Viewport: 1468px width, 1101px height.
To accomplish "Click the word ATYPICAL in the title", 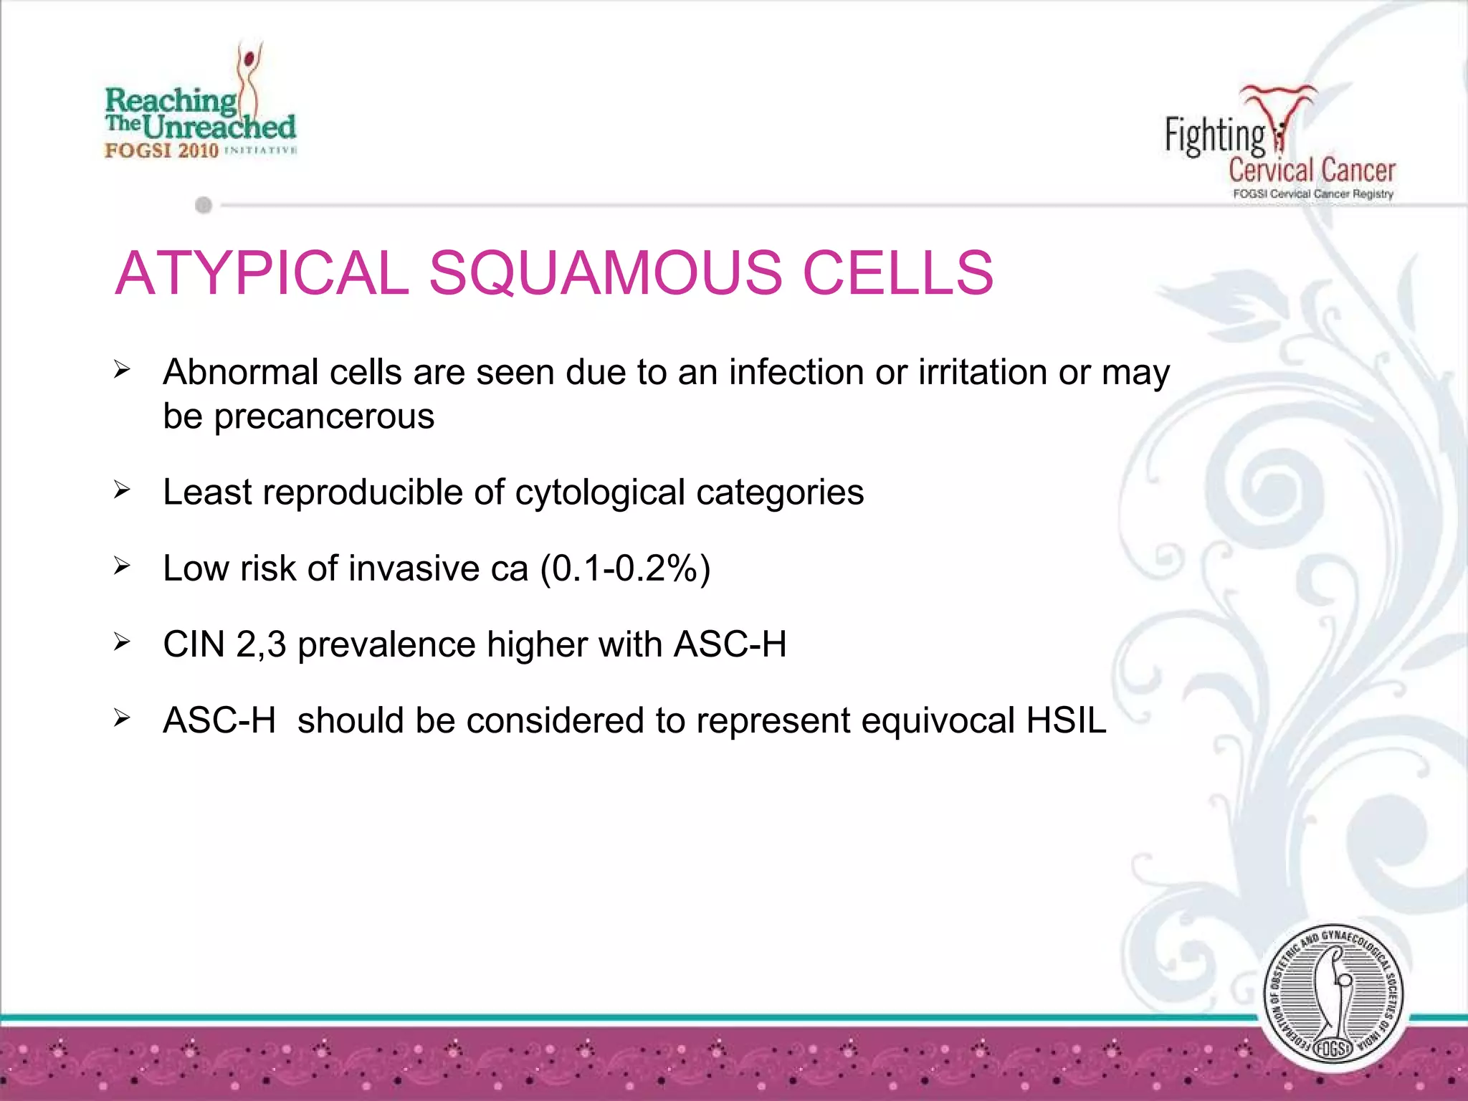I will pos(262,273).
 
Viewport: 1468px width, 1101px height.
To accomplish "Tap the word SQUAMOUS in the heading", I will pos(605,273).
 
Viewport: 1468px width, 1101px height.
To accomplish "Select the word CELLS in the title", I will pos(897,273).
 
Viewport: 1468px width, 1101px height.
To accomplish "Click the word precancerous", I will pos(324,416).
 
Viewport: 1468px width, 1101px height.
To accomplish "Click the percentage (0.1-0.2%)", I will pos(625,569).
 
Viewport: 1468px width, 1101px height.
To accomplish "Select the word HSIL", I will pos(1066,720).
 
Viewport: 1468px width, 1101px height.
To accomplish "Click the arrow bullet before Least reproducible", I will pos(122,491).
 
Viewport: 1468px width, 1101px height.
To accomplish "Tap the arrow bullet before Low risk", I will pos(122,567).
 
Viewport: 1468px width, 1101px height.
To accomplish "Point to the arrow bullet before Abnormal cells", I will pos(122,370).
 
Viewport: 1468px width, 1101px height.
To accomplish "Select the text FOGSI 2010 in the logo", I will pos(161,151).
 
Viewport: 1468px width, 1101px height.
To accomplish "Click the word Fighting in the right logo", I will pos(1214,135).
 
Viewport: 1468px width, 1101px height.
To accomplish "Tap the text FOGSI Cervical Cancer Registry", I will pos(1312,194).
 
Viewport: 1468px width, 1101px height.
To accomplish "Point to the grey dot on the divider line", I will pos(204,206).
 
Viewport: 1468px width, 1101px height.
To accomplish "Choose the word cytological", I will pos(599,493).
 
